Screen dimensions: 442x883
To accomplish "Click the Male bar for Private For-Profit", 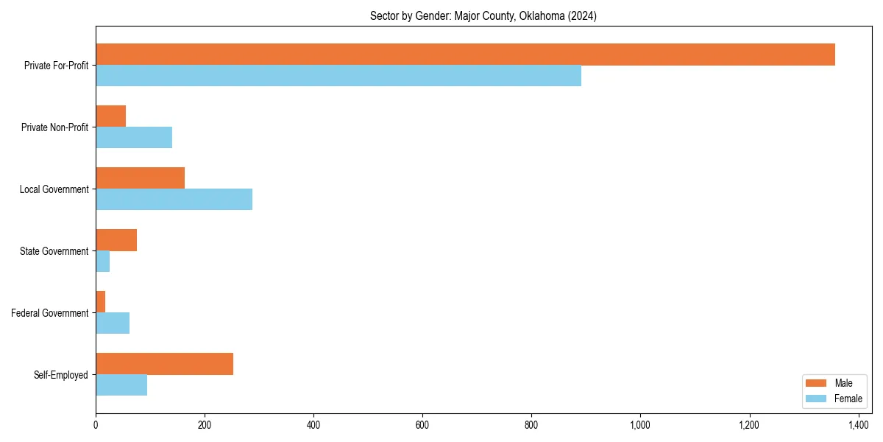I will click(465, 55).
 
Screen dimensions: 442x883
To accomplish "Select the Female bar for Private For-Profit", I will click(338, 76).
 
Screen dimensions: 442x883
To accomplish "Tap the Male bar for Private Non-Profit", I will click(110, 116).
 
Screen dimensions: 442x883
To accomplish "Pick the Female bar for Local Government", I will click(174, 200).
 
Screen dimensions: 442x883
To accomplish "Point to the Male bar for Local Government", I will click(140, 178).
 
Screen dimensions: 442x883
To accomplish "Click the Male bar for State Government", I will click(116, 240).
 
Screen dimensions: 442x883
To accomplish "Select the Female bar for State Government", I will click(102, 262).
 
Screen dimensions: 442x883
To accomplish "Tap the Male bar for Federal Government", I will click(100, 302).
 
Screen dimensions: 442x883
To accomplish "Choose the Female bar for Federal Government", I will click(113, 323).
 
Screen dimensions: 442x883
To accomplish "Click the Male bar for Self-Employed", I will click(164, 364).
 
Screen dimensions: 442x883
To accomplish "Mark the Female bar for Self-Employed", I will click(121, 385).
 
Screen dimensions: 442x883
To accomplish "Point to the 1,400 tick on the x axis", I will click(859, 425).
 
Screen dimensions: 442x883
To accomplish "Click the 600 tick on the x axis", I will click(422, 425).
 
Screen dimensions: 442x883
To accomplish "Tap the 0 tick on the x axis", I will click(96, 425).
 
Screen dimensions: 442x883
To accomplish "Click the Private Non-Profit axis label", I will click(54, 127).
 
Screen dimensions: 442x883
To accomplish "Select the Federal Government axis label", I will click(50, 313).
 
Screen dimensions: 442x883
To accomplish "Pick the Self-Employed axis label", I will click(61, 375).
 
